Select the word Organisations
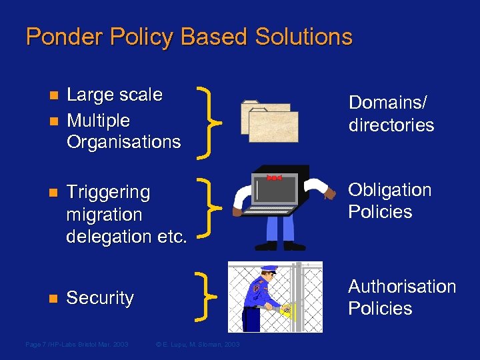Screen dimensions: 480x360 point(123,142)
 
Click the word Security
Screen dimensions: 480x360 point(100,298)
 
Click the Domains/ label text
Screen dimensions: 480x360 point(387,103)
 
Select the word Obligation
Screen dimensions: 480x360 point(390,190)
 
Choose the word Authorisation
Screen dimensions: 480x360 point(402,287)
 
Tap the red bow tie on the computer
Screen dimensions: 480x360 point(274,178)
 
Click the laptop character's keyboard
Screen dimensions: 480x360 point(270,210)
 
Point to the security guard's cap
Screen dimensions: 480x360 point(269,269)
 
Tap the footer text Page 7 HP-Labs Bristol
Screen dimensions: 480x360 point(76,344)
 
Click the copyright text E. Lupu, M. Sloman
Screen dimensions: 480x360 point(197,344)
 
